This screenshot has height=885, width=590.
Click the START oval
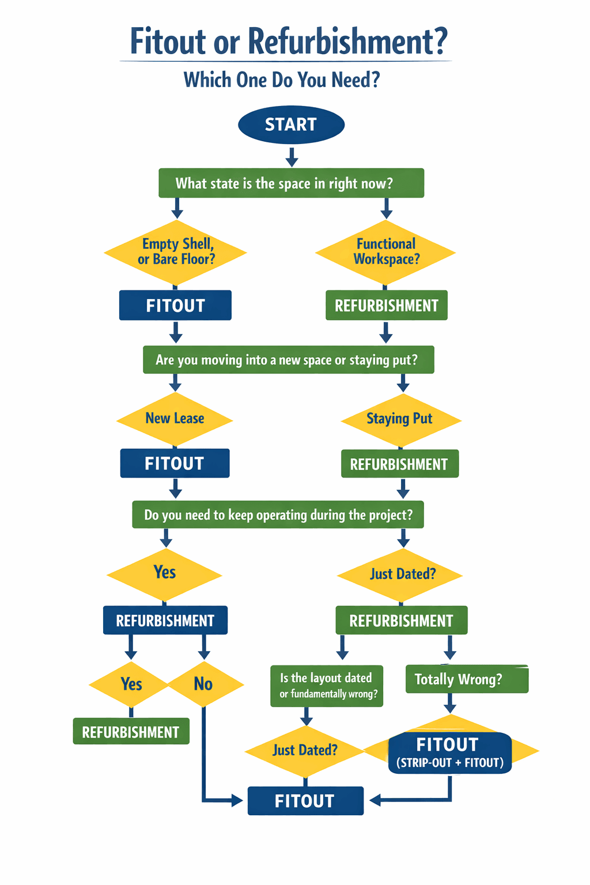tap(291, 124)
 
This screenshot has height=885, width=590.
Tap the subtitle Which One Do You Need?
tap(282, 80)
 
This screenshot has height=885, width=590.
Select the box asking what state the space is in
tap(291, 183)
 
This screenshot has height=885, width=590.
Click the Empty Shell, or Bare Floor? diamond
tap(176, 252)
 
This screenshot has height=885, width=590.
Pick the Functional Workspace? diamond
tap(386, 252)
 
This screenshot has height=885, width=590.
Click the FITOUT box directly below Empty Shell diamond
tap(175, 305)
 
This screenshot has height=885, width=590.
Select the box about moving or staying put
tap(288, 360)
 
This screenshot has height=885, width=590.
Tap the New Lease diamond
tap(175, 419)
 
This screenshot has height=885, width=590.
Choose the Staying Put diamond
tap(400, 419)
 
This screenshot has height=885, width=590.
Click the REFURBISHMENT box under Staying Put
tap(400, 464)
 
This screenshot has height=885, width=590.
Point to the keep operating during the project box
tap(278, 515)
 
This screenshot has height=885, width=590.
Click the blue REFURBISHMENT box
tap(165, 621)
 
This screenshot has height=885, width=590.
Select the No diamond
tap(204, 684)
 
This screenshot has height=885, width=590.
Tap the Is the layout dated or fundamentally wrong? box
tap(327, 686)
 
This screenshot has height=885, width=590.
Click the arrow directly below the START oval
tap(292, 157)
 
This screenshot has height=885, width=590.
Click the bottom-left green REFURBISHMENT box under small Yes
tap(131, 732)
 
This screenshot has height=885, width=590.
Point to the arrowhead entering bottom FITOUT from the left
tap(237, 800)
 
